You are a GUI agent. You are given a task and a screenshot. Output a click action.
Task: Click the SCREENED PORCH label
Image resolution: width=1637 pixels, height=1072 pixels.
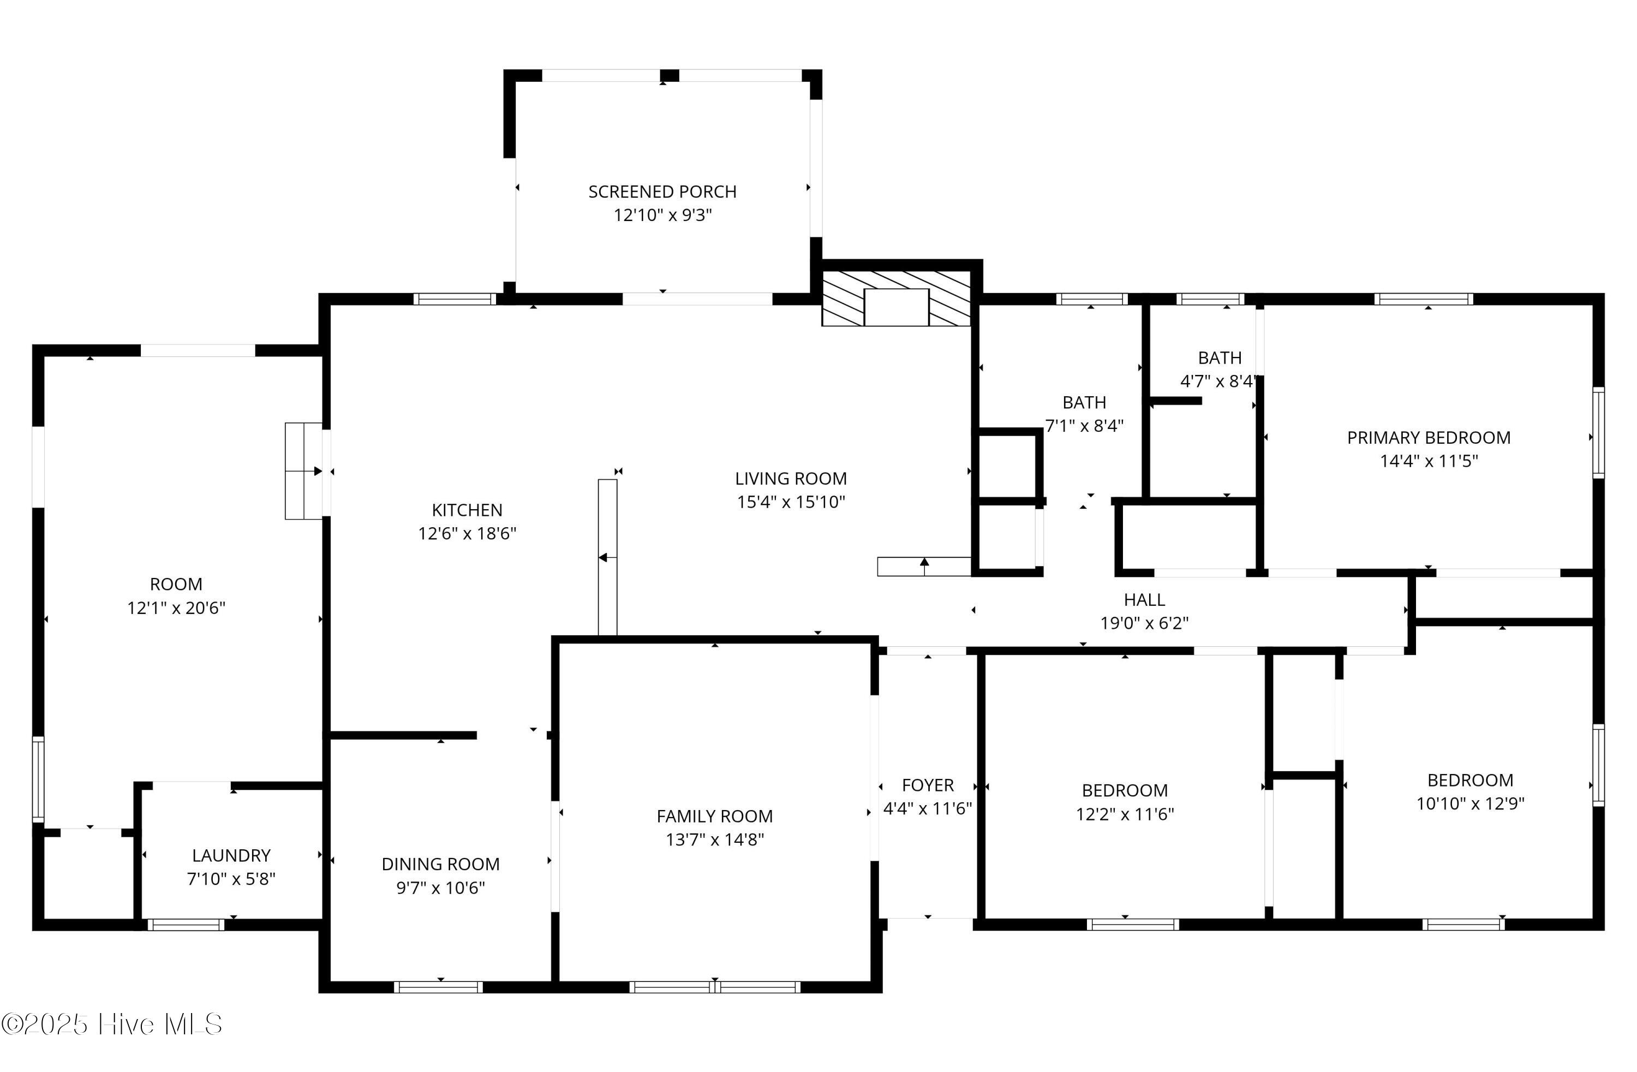tap(662, 191)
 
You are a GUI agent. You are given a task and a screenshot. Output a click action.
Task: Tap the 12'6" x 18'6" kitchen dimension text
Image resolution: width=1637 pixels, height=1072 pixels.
tap(467, 533)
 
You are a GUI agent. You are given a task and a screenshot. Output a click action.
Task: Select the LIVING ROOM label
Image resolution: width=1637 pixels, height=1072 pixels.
tap(790, 478)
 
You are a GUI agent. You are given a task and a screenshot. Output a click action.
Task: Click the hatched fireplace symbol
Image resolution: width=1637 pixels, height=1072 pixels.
tap(895, 298)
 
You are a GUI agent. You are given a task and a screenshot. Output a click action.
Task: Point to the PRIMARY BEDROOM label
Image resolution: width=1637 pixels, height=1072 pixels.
tap(1428, 438)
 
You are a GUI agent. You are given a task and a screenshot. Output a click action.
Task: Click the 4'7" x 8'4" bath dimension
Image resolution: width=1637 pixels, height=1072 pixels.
tap(1219, 381)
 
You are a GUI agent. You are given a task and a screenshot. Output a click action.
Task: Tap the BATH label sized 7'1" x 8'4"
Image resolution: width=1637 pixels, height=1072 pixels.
tap(1084, 402)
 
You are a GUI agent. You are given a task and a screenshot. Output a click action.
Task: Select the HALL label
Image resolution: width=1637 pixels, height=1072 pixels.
tap(1144, 599)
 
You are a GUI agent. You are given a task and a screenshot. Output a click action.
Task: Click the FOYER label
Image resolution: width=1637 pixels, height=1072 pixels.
tap(927, 785)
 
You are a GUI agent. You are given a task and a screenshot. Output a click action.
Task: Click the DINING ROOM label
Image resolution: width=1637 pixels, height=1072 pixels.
tap(440, 864)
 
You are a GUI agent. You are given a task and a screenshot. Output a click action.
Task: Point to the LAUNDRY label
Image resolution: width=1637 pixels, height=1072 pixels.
tap(231, 855)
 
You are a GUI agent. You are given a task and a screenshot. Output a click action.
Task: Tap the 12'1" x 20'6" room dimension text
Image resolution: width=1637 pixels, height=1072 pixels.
tap(176, 608)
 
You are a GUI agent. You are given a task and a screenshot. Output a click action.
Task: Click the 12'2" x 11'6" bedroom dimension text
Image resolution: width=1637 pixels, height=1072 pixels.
tap(1125, 814)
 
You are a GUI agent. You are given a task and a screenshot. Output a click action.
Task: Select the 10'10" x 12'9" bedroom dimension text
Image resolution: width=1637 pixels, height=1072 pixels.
tap(1470, 803)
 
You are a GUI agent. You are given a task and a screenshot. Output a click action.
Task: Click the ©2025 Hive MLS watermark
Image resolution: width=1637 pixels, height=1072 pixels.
tap(111, 1025)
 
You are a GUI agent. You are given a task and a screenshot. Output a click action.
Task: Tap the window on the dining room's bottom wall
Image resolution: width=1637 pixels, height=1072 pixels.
tap(438, 987)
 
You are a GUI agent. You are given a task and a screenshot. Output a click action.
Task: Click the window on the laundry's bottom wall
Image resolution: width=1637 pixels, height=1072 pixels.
tap(186, 925)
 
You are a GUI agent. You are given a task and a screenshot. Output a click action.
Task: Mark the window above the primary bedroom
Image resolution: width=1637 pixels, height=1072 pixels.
tap(1423, 299)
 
